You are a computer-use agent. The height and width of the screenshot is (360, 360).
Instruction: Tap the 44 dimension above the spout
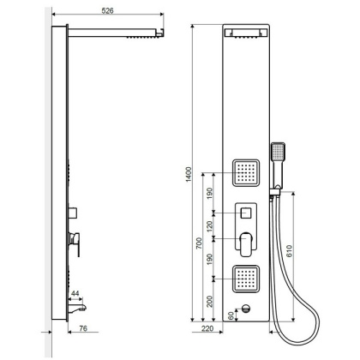pyautogui.click(x=75, y=294)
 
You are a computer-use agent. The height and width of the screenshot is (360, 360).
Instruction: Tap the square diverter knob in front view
pyautogui.click(x=246, y=211)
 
